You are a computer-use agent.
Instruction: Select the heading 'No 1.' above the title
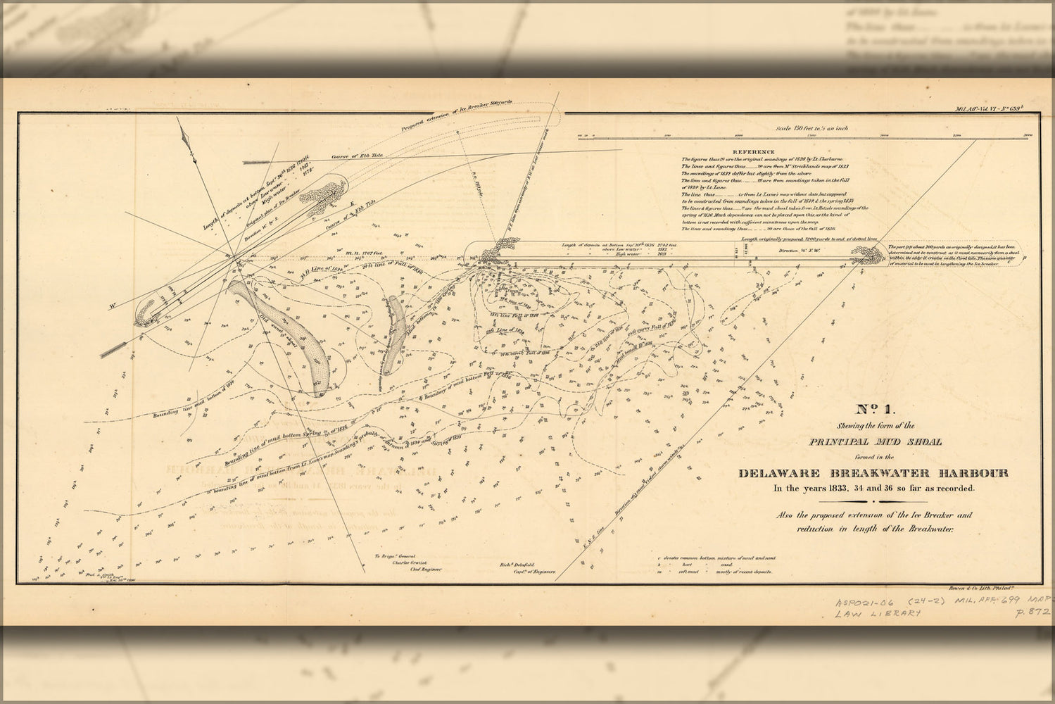pos(873,409)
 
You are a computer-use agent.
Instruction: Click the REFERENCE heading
pos(753,151)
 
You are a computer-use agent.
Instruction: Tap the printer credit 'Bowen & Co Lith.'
pos(999,586)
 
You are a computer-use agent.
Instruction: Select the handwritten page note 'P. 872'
pos(1032,612)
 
